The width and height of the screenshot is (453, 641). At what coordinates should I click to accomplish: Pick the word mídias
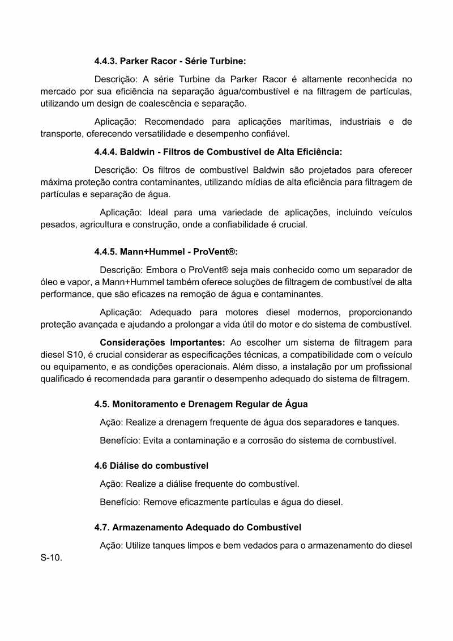coord(276,182)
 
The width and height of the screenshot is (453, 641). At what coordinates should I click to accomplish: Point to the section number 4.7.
coord(102,527)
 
